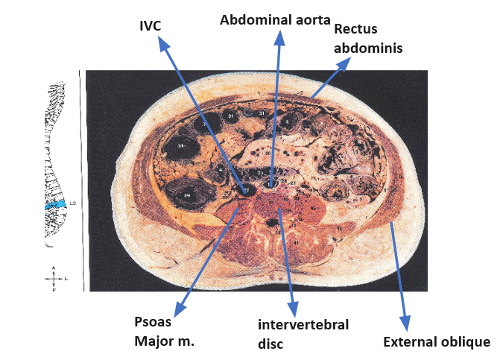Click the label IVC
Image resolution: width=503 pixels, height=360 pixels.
point(150,26)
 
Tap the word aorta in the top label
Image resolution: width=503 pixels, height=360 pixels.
point(309,20)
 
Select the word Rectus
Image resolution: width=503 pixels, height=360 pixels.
point(356,29)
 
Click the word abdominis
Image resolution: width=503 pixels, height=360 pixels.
point(368,47)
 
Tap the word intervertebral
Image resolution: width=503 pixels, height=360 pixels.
point(303,324)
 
